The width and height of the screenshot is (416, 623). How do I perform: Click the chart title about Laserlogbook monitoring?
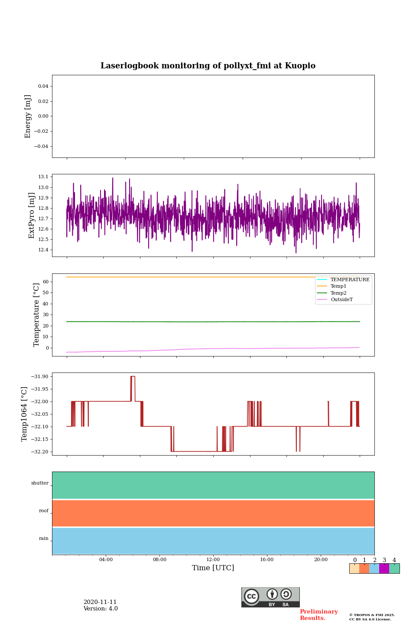(x=208, y=66)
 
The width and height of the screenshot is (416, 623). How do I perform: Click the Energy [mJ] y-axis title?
(x=28, y=116)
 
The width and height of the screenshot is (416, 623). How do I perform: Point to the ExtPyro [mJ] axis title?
(x=32, y=215)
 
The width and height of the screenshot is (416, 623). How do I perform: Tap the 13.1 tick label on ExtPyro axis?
(x=43, y=177)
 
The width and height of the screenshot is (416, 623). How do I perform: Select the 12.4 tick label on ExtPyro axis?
(x=43, y=250)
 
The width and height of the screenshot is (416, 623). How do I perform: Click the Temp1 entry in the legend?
(x=338, y=286)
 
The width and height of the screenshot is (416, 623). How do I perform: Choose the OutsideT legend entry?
(x=341, y=300)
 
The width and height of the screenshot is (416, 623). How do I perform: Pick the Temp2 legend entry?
(x=338, y=293)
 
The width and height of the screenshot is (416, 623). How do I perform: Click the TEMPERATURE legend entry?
(x=350, y=280)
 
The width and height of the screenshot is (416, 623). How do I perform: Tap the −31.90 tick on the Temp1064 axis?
(x=40, y=377)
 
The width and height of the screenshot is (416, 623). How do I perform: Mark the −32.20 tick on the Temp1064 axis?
(x=40, y=452)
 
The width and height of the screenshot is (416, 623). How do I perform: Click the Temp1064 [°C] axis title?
(x=25, y=414)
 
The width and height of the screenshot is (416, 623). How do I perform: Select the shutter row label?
(x=40, y=483)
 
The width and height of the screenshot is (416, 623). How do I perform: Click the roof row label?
(x=44, y=511)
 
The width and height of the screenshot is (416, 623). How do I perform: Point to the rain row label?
(x=44, y=539)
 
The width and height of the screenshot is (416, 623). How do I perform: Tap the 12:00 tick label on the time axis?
(x=213, y=560)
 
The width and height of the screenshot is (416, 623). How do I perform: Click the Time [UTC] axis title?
(x=213, y=568)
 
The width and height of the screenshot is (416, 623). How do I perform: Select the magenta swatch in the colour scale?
(x=384, y=568)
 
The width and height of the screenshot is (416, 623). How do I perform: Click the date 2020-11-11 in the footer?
(x=100, y=602)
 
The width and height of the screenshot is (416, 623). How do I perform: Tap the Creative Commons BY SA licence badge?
(x=270, y=597)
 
